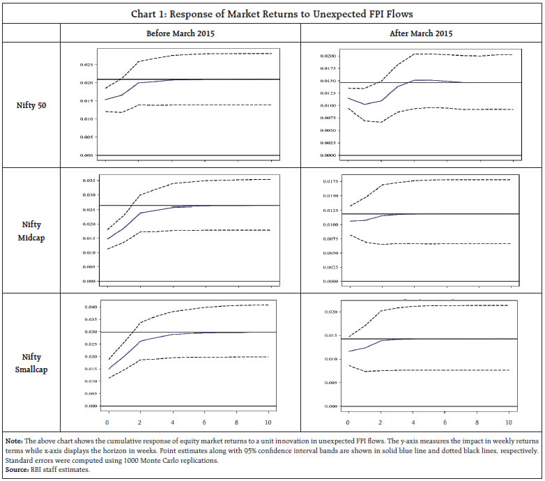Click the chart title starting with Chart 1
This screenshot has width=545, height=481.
click(x=272, y=13)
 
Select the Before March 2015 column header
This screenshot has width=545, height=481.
click(x=180, y=33)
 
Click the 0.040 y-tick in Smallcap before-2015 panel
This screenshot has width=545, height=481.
click(x=87, y=307)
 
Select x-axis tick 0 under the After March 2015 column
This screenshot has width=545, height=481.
click(x=348, y=423)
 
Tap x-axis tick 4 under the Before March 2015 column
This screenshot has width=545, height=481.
click(x=173, y=423)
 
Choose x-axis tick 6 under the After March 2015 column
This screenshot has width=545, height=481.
click(x=445, y=423)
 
